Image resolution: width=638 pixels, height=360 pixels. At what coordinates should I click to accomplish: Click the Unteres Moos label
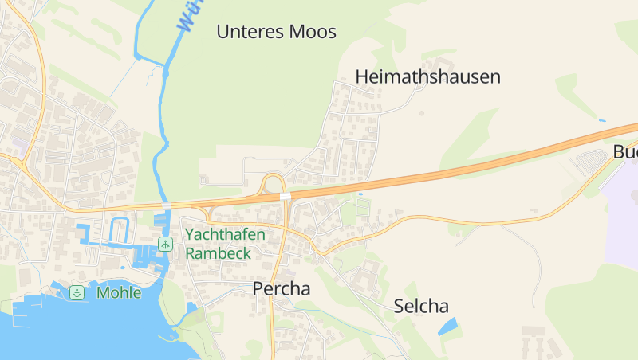tap(277, 32)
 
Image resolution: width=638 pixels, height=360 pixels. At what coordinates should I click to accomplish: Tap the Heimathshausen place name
tap(427, 77)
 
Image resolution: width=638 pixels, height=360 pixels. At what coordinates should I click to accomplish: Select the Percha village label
tap(282, 289)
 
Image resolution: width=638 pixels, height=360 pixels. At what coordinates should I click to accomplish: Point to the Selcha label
tap(421, 306)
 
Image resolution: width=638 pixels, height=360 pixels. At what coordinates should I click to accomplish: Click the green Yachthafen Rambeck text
tap(225, 244)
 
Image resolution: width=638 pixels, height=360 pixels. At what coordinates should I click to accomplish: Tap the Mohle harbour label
tap(119, 292)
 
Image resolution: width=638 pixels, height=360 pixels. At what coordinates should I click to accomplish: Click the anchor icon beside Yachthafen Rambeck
tap(165, 244)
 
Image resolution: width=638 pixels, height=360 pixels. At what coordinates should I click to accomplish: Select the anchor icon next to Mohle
tap(77, 292)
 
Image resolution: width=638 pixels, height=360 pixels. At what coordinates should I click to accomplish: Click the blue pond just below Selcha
tap(447, 326)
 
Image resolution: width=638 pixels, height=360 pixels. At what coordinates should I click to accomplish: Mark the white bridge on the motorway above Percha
tap(285, 195)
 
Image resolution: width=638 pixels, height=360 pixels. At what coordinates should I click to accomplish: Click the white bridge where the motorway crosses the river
tap(167, 206)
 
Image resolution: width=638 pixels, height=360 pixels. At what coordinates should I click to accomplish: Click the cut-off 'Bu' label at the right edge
tap(626, 152)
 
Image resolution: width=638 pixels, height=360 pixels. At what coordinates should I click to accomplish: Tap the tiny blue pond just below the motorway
tap(361, 194)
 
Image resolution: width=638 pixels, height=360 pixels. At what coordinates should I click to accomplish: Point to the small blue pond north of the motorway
tap(601, 121)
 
